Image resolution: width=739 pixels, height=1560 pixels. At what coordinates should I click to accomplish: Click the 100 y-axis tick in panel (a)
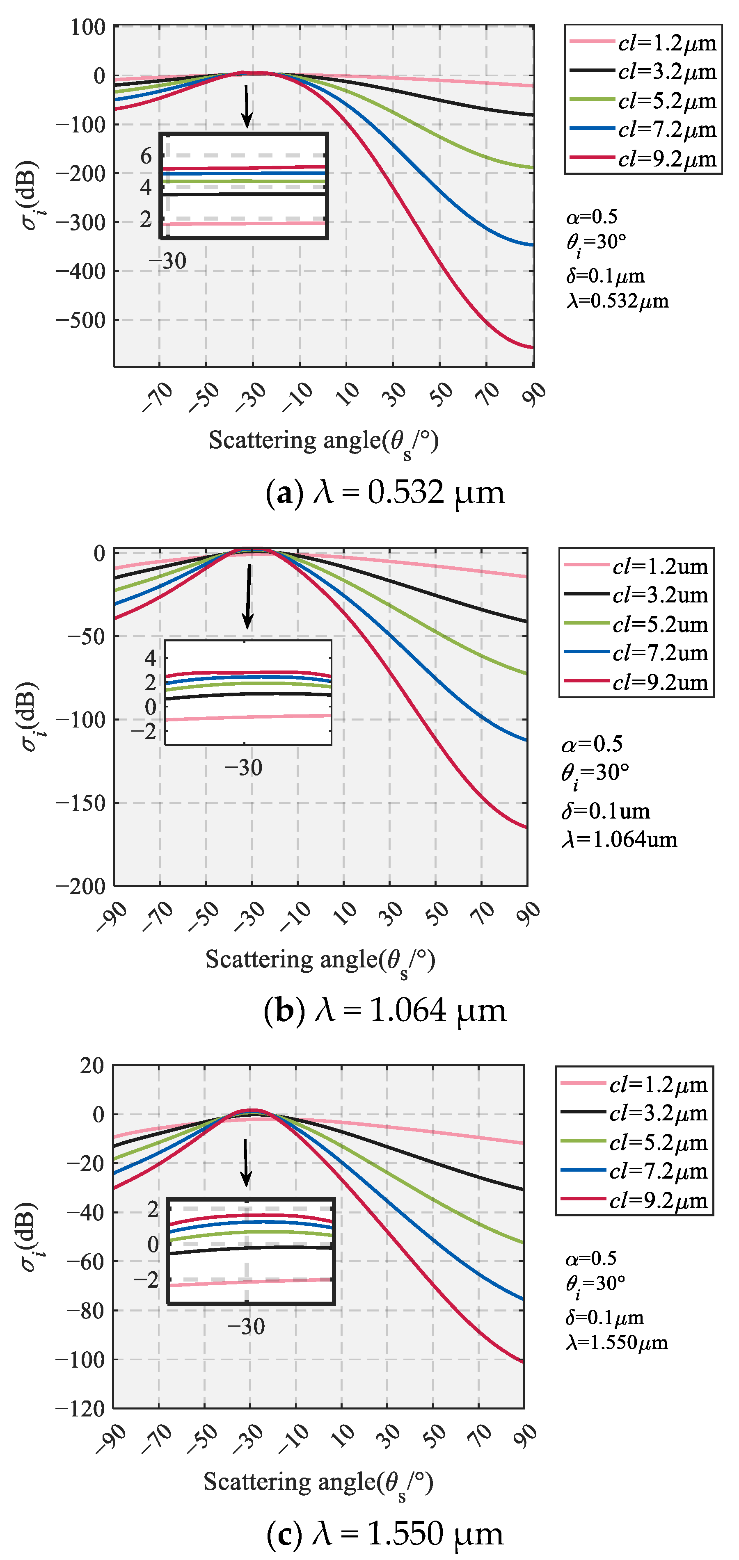click(x=88, y=27)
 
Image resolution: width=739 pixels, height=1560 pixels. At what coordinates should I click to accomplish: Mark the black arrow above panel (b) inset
click(x=248, y=597)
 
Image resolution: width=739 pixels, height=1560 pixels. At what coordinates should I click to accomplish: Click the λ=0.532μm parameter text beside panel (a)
click(x=618, y=301)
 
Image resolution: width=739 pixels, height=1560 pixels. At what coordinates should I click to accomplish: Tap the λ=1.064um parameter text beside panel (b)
click(x=619, y=839)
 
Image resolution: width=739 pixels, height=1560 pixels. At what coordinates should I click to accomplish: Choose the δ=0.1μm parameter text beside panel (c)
click(x=604, y=1318)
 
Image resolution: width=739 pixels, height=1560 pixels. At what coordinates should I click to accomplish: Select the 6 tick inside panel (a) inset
click(x=146, y=156)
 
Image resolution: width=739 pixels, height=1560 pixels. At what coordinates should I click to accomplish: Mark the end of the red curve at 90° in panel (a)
click(x=533, y=347)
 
